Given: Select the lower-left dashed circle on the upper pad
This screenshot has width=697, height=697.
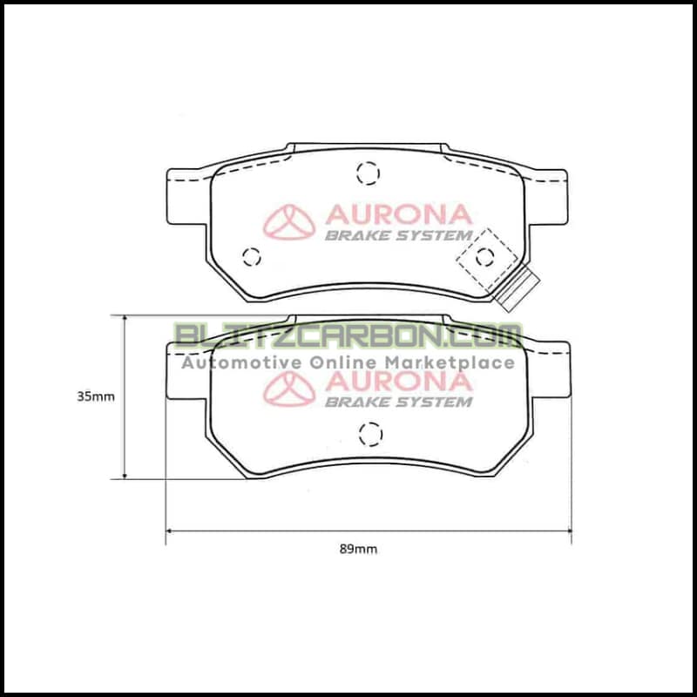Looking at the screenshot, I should [252, 256].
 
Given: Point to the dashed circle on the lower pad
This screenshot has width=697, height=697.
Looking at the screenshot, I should [370, 433].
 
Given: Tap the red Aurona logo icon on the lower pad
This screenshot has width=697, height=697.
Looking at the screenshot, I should [290, 389].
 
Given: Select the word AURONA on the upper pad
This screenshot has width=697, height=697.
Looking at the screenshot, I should [398, 214].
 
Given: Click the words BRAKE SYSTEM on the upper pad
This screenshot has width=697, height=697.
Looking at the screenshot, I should [398, 235].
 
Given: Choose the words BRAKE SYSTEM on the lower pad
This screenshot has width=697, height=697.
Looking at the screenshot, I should [398, 402].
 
